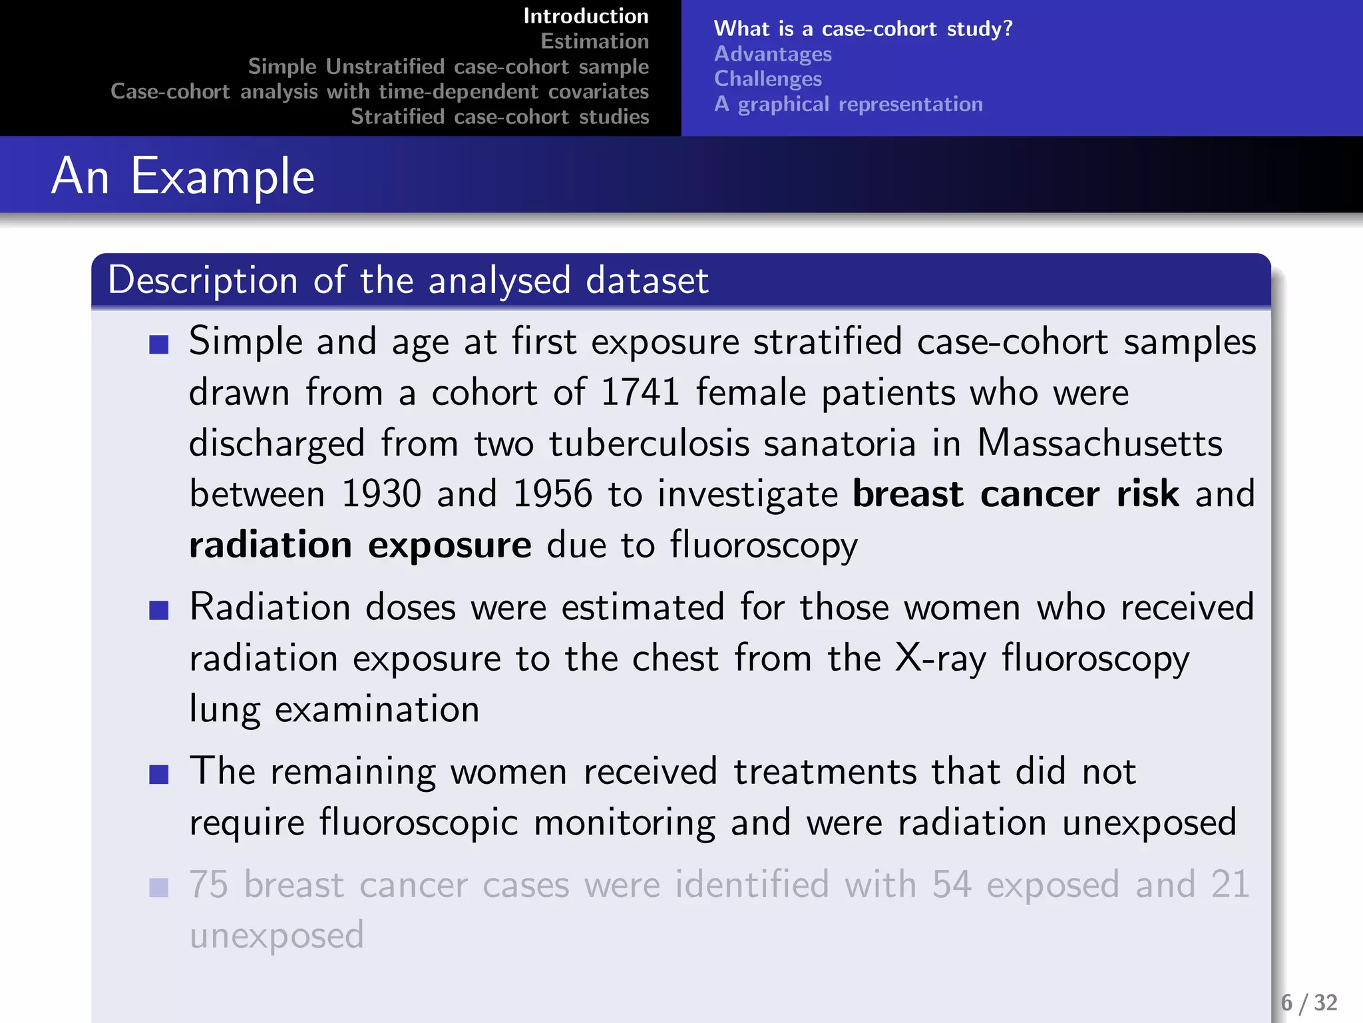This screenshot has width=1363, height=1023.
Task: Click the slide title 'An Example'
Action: (x=183, y=176)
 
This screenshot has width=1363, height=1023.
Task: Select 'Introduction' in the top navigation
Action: (x=586, y=16)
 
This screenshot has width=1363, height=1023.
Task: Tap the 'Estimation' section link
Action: (x=594, y=41)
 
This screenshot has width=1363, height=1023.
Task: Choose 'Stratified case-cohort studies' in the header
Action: (x=500, y=117)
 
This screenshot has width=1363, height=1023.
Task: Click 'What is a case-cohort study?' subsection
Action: (x=863, y=29)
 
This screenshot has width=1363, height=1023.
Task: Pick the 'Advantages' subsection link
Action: (x=773, y=54)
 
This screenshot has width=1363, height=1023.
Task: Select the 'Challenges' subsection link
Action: (x=768, y=79)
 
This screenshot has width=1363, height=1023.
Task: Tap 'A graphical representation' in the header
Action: (x=848, y=104)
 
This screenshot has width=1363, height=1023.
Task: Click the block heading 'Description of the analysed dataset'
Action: (x=408, y=280)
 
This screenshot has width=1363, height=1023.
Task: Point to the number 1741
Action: (x=640, y=392)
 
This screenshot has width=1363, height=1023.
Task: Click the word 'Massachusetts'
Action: (x=1099, y=443)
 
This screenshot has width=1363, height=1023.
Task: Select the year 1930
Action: (x=381, y=494)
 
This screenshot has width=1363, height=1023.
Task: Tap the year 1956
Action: (x=552, y=494)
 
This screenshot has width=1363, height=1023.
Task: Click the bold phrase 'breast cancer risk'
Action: (x=1016, y=494)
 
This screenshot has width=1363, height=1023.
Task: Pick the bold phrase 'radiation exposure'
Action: (x=360, y=545)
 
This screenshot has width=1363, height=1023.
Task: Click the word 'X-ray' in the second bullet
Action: (x=940, y=658)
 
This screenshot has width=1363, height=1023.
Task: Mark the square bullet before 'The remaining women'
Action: (x=159, y=775)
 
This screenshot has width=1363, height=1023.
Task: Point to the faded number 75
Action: (x=209, y=884)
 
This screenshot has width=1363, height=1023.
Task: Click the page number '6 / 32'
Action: (x=1308, y=1002)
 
